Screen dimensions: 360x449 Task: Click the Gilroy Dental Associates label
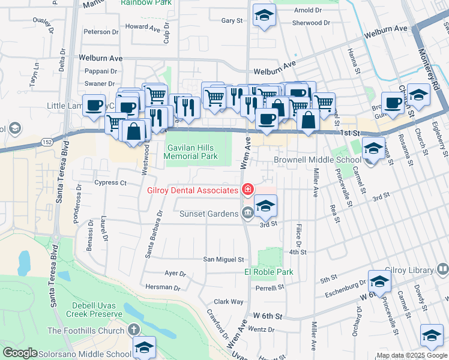coord(193,190)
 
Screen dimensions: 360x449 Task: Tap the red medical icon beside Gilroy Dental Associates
coord(247,190)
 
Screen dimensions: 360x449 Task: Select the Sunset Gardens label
coord(209,214)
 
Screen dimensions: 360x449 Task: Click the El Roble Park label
coord(268,272)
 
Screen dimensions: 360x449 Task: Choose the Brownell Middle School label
coord(318,160)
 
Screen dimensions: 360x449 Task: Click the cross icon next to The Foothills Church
coord(133,330)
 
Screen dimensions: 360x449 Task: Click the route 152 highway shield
coord(46,141)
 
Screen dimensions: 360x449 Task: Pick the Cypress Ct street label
coord(110,182)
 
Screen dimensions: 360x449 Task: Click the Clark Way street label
coord(229,302)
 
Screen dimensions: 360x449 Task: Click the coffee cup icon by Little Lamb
coord(94,106)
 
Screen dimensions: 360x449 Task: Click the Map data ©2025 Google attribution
coord(412,355)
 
